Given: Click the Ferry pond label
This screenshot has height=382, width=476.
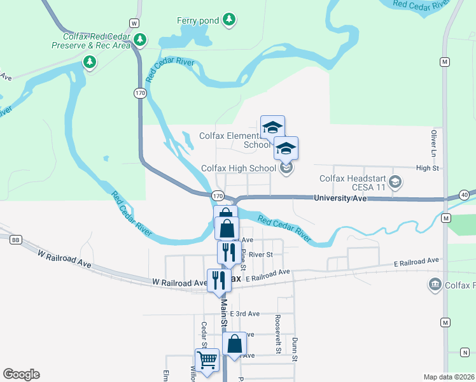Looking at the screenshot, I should point(198,20).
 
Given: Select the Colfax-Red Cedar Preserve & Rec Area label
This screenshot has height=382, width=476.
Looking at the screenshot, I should point(92,41).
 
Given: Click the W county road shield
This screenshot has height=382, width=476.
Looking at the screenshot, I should point(134,23).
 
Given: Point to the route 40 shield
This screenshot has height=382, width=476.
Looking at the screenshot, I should point(465,195).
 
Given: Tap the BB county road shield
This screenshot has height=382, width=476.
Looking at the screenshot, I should point(17,239).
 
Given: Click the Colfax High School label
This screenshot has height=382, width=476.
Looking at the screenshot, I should point(238,168).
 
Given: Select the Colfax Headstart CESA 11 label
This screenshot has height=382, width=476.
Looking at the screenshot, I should point(352,183).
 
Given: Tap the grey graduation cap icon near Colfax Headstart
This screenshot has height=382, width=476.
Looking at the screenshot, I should point(395,183).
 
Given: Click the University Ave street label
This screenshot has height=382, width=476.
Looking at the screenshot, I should point(340,199).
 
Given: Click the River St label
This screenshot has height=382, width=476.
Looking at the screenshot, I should point(260,254).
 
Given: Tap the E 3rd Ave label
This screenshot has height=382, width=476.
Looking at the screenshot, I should point(245,314).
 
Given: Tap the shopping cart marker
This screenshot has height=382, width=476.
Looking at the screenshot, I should point(207,360).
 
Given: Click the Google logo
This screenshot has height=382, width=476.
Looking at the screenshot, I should point(21,374).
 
